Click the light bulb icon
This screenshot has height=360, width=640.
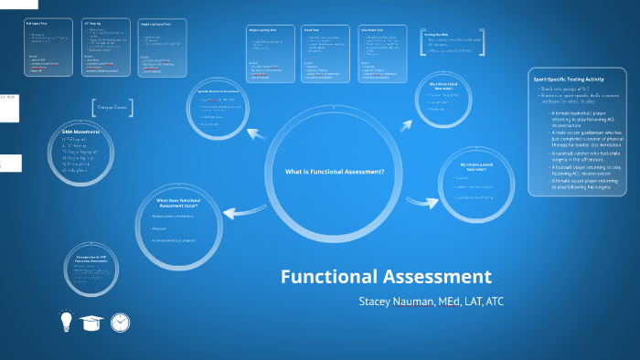click(x=66, y=322)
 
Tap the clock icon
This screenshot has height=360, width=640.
click(x=120, y=322)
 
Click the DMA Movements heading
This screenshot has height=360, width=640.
click(x=80, y=132)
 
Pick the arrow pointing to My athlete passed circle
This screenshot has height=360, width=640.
click(x=421, y=199)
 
